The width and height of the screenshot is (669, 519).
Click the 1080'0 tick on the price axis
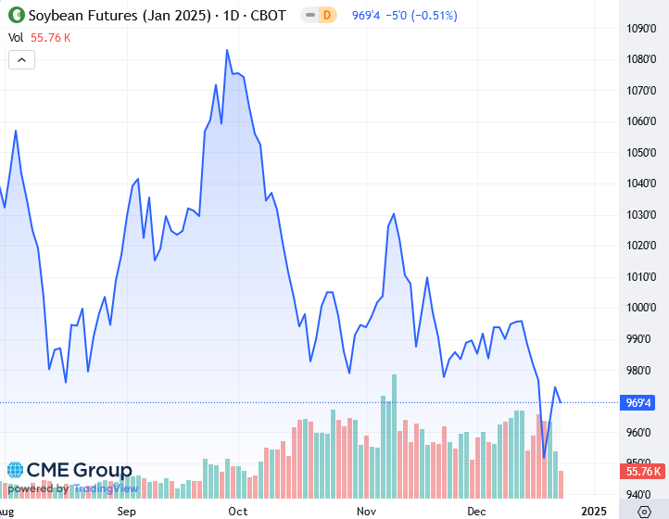coord(642,59)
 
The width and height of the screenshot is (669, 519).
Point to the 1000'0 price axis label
coord(642,308)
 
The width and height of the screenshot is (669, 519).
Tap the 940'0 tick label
coord(642,494)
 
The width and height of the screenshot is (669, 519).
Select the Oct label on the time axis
coord(237,511)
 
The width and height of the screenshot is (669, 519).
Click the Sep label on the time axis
coord(127,511)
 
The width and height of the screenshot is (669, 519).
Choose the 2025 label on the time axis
coord(593,511)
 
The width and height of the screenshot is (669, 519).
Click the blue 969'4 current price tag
coord(638,402)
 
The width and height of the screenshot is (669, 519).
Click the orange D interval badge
coord(326,16)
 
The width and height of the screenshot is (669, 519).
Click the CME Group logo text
coord(69,471)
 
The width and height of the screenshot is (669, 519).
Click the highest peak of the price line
coord(228,50)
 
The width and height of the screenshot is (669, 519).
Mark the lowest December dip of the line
coord(544,456)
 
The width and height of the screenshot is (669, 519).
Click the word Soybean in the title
coord(56,16)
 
